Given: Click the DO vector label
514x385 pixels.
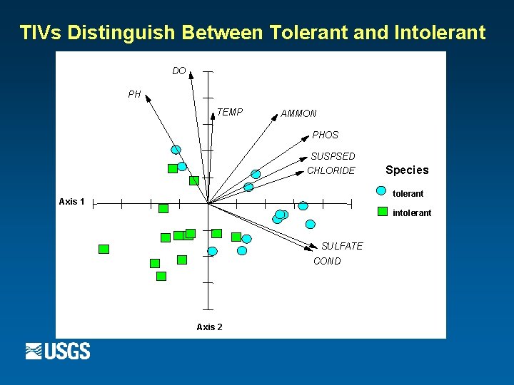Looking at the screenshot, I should (x=179, y=71).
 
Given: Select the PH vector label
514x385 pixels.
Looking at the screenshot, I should (x=134, y=94).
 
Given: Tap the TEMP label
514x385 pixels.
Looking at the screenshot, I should (x=230, y=112).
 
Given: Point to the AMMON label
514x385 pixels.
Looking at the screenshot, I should (x=298, y=113).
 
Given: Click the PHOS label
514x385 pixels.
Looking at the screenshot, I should (x=326, y=135).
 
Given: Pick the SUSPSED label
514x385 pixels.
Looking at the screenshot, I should (x=333, y=156).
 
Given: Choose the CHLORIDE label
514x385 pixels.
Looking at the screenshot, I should (x=331, y=170).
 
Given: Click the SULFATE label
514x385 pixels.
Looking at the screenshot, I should (x=342, y=246).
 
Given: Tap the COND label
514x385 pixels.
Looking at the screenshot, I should (x=327, y=261).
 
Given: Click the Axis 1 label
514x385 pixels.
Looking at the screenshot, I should (x=71, y=202).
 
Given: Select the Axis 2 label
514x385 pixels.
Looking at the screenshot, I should (x=209, y=327).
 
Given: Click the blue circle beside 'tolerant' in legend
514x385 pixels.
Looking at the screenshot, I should (x=382, y=192).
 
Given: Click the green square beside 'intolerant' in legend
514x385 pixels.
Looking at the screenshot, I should (x=382, y=212).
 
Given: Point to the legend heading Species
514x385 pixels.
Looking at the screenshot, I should (x=407, y=170).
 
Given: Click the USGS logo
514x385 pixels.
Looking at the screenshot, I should (x=58, y=351).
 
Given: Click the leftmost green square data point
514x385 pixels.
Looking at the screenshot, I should (x=104, y=249).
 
